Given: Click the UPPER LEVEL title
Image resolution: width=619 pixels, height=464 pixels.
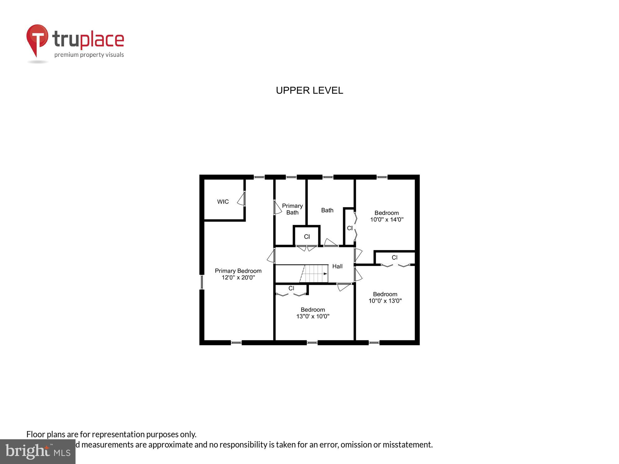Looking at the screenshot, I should pos(309,90).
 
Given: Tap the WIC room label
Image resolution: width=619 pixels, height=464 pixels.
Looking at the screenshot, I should pos(223,202).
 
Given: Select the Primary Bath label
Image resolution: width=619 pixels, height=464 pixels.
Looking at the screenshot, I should pos(292,209).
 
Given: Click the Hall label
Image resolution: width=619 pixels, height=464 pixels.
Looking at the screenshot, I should pos(337,266).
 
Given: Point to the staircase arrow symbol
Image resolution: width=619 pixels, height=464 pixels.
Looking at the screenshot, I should pos(325,274).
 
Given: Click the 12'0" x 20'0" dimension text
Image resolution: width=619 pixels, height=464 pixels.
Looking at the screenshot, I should pos(238,277).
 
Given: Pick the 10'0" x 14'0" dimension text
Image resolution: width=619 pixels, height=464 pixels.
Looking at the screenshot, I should pos(387,220).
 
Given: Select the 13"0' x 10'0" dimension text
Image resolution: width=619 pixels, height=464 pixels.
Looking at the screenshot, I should pos(313,316).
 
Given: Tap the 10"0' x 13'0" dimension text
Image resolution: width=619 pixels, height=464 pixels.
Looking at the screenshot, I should pos(385,301).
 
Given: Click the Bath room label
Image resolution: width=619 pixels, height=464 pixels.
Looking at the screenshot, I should pos(327,210).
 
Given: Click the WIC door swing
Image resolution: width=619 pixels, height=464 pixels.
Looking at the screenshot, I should pos(241,199).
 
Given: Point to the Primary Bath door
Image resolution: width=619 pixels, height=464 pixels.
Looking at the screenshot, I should pos(277,208).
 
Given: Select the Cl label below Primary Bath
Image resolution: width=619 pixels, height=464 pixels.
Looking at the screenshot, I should pos(307,237).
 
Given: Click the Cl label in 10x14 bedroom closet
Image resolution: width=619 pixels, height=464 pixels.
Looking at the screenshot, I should pos(350,228).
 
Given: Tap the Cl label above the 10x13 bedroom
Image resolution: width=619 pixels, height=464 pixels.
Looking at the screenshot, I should pos(394,257).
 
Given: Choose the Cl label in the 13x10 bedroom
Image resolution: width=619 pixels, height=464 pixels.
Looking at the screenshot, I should pos(291,288).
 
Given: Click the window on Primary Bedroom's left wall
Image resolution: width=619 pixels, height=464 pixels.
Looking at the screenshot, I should pos(202,282).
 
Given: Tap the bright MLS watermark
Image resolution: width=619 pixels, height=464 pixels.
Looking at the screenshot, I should pos(38,452).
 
